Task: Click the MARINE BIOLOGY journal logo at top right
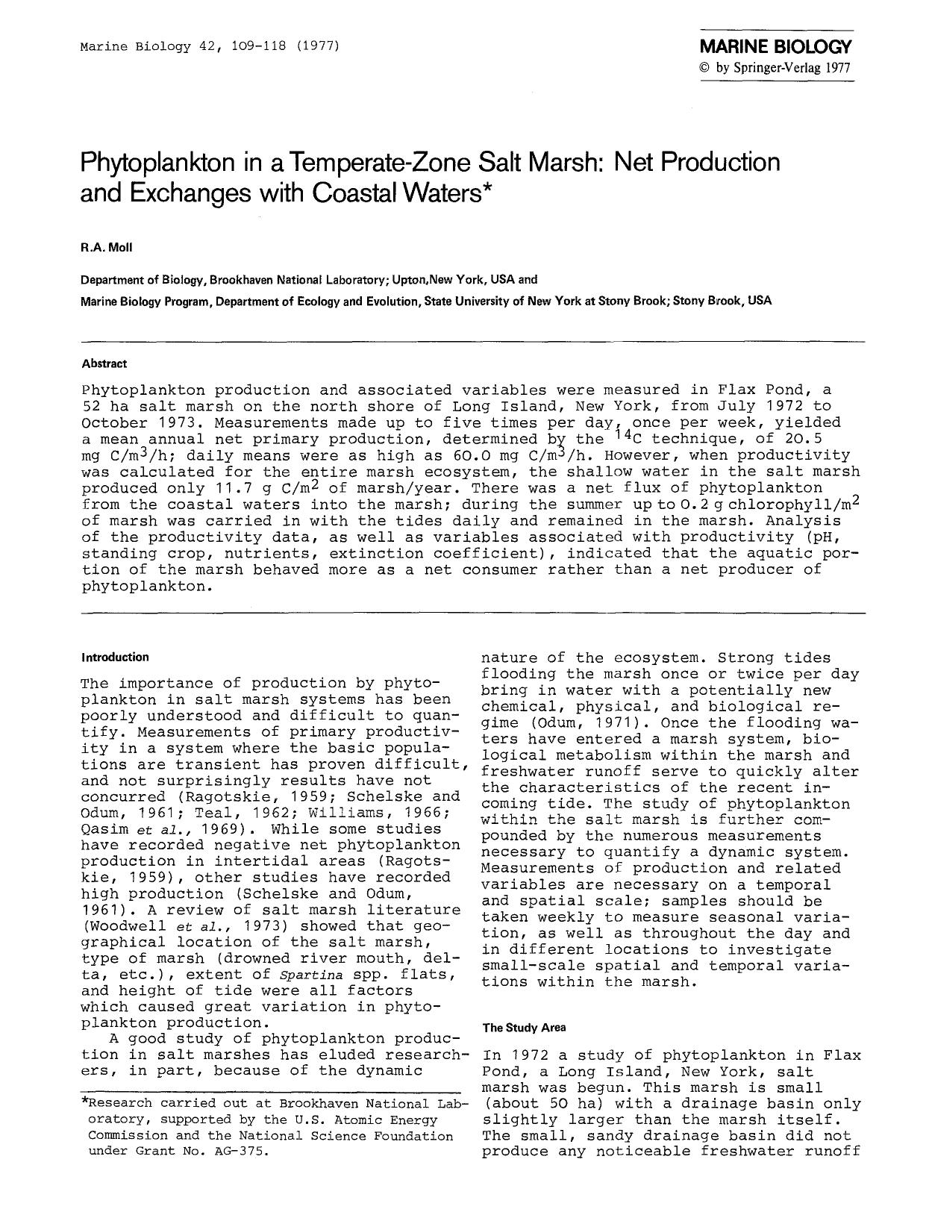pos(775,47)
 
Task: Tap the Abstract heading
pos(104,363)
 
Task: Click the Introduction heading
pos(115,658)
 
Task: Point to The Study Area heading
pos(524,1028)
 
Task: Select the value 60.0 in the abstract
pos(471,455)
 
